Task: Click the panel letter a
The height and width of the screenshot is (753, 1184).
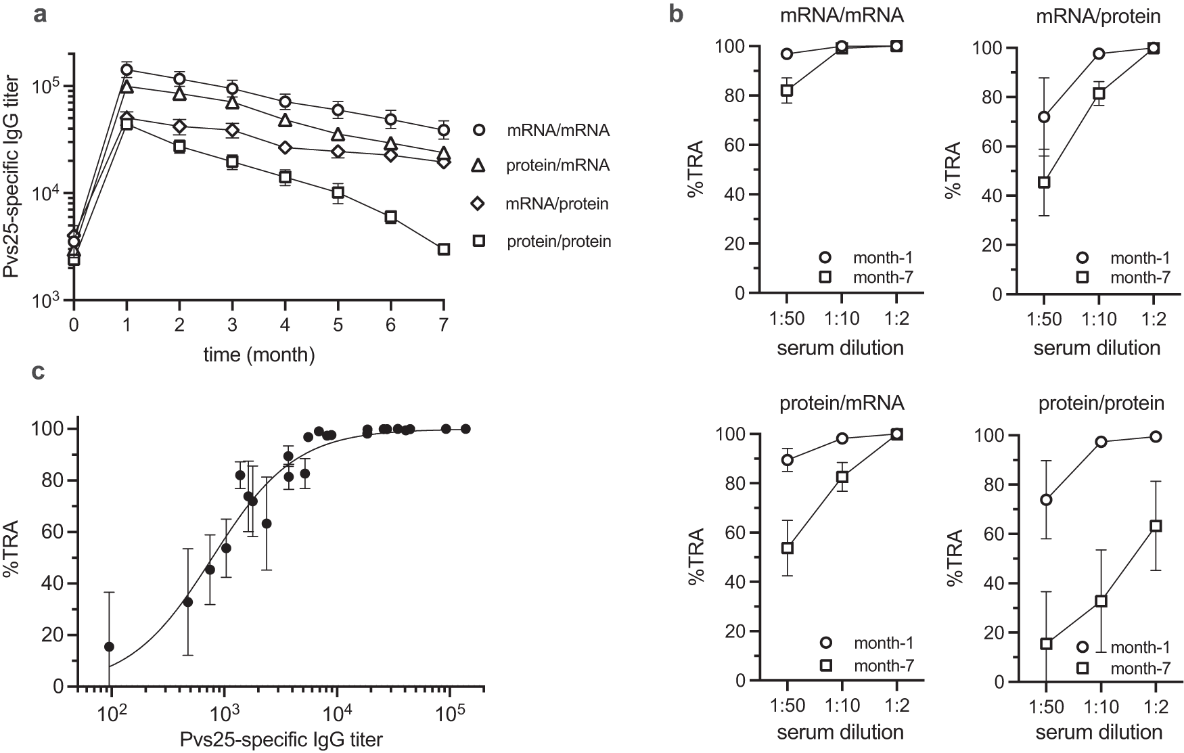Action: [41, 15]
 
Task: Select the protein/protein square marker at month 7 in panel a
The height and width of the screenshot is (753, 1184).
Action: [444, 249]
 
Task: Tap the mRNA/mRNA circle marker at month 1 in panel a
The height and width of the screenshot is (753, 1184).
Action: [126, 70]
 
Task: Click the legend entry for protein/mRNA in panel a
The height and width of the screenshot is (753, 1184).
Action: [557, 166]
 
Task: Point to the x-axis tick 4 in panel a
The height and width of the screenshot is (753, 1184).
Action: [285, 324]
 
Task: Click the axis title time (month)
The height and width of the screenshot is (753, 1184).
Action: [259, 354]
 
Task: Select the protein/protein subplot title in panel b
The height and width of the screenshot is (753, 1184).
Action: [1100, 403]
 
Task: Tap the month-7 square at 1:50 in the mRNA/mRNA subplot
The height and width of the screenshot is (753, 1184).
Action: [786, 91]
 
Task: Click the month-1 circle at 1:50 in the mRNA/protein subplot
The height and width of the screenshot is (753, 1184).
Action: [1045, 117]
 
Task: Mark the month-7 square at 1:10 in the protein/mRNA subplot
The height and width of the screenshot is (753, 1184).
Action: [842, 476]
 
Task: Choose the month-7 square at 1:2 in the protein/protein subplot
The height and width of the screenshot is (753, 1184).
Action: [1155, 526]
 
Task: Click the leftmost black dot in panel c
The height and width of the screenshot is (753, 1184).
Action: [109, 647]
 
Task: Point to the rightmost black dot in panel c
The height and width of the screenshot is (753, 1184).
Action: [465, 429]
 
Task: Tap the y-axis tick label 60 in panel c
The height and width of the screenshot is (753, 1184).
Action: [54, 532]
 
